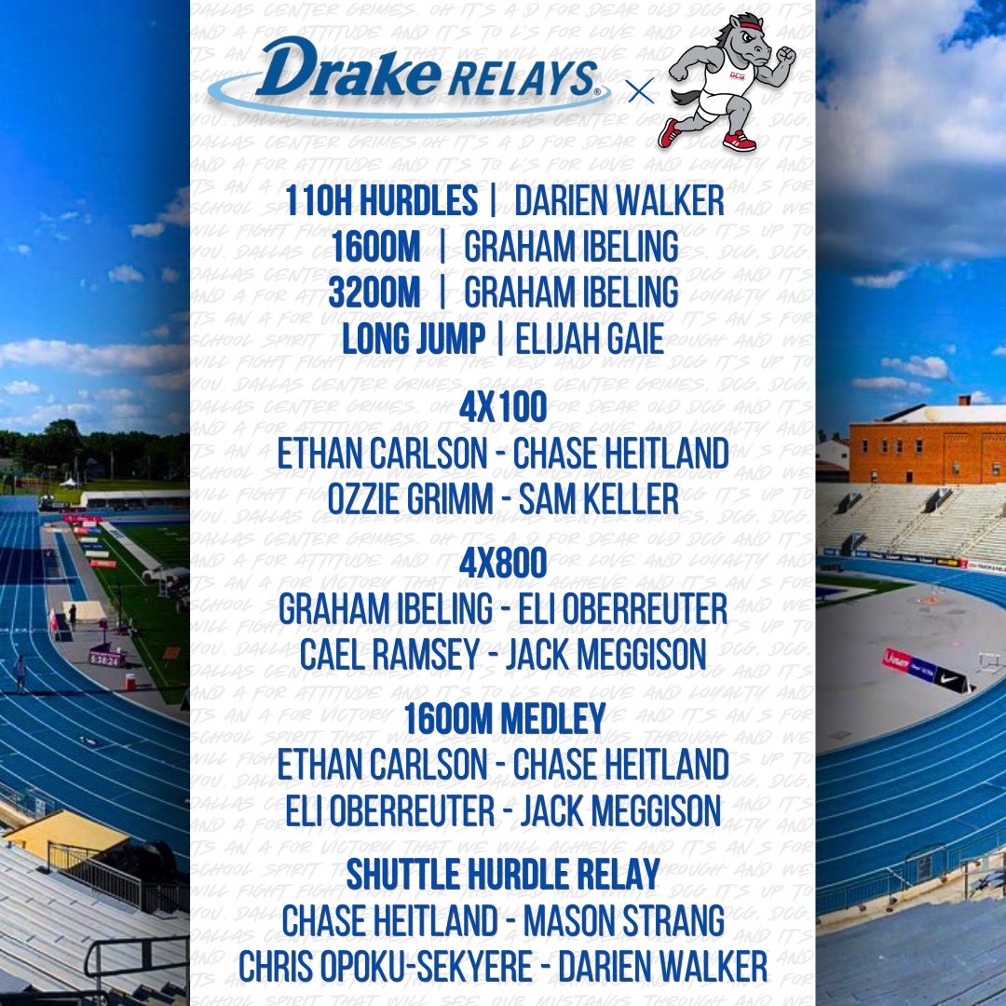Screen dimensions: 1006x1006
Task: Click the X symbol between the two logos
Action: (640, 92)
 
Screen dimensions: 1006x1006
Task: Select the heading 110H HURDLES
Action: (381, 201)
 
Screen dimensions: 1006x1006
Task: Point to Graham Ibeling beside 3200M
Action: (571, 292)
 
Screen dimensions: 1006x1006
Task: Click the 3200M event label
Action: (374, 292)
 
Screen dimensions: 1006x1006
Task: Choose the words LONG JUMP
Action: (414, 339)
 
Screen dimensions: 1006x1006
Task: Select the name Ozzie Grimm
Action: (409, 500)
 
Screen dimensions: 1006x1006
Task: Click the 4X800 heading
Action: (503, 564)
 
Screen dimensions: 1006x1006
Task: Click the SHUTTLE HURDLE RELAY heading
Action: (503, 875)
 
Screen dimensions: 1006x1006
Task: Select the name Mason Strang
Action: (624, 920)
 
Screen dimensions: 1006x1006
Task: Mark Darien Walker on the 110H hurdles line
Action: (619, 201)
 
